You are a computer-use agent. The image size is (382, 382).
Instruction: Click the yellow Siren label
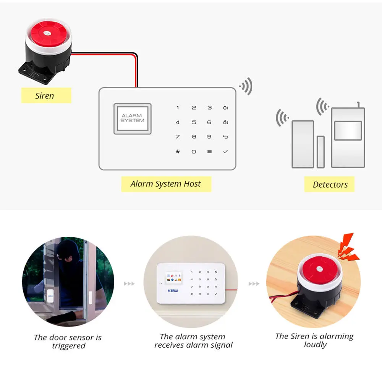tap(46, 95)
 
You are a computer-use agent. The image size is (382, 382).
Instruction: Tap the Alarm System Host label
tap(166, 184)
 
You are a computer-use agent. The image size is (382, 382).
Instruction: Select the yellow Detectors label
tap(330, 185)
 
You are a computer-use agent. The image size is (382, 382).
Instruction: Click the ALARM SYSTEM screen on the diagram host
tap(133, 118)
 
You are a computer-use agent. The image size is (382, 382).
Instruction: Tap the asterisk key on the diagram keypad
tap(177, 152)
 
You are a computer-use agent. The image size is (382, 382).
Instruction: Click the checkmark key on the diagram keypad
tap(225, 152)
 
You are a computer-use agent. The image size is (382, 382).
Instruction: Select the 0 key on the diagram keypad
tap(194, 152)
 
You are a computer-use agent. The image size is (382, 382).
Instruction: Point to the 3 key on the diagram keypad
tap(209, 108)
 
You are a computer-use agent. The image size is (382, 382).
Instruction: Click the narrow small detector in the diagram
tap(320, 152)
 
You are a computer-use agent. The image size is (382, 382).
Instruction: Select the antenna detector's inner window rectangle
tap(348, 131)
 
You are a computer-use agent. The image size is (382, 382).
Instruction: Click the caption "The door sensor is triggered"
tap(68, 342)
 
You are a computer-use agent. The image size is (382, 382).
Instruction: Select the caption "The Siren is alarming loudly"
tap(314, 340)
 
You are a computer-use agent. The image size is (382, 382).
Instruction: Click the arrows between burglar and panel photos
tap(129, 284)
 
